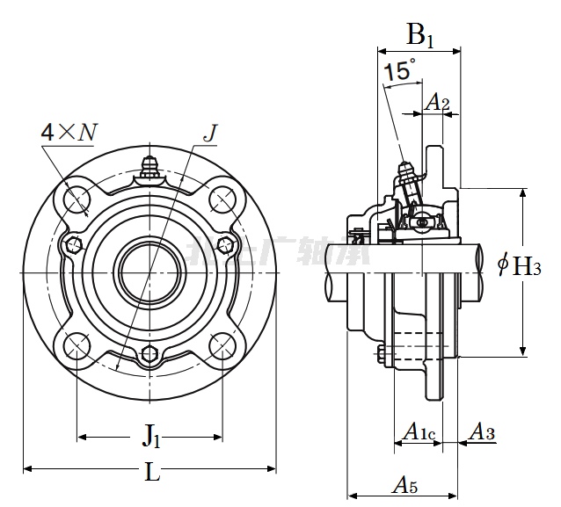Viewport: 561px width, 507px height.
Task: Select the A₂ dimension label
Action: pos(437,104)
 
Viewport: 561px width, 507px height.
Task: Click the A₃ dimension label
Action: pos(481,431)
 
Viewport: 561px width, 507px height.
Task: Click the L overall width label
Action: pos(152,473)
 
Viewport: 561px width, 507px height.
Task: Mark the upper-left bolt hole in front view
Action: pos(76,197)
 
